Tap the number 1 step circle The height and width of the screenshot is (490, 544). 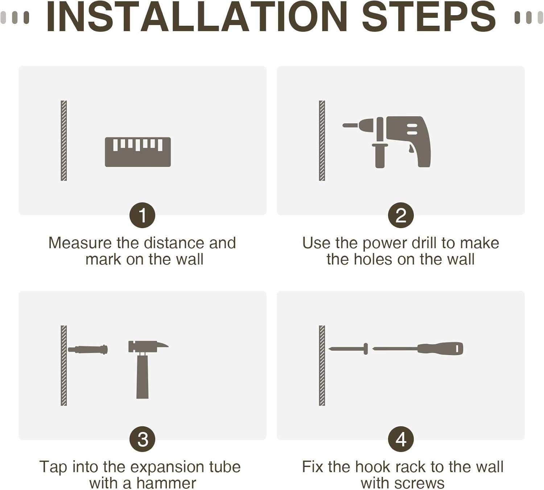[x=143, y=215]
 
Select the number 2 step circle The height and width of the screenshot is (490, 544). [x=401, y=215]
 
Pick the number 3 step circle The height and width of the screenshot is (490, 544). [x=143, y=439]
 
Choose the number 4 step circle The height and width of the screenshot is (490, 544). [x=401, y=439]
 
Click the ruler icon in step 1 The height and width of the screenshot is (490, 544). [x=138, y=152]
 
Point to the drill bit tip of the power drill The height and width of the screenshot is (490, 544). [x=344, y=125]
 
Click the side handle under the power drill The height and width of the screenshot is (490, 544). [x=380, y=156]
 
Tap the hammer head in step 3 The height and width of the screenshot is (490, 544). [x=148, y=346]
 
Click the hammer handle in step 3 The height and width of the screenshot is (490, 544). [x=143, y=377]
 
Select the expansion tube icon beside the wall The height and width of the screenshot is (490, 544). [x=88, y=349]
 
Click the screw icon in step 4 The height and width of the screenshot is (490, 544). [x=348, y=349]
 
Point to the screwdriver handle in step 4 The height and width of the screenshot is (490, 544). [x=440, y=349]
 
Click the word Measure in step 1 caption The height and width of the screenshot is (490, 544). [x=80, y=243]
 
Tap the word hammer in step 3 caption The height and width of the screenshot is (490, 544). [x=166, y=483]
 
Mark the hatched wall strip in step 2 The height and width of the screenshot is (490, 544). [x=322, y=140]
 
